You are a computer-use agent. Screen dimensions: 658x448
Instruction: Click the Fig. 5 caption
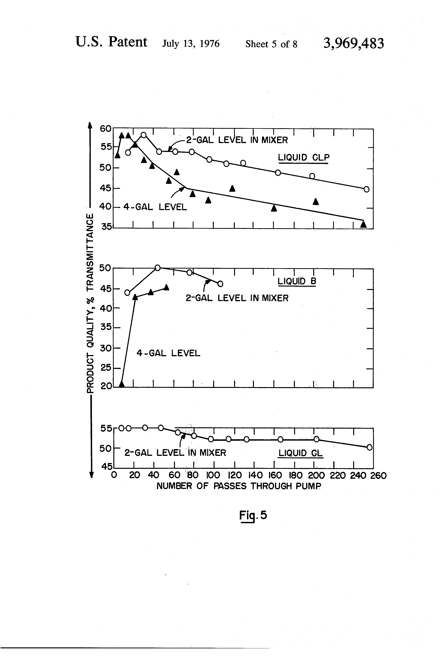253,515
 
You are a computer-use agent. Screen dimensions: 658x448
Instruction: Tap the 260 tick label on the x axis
378,475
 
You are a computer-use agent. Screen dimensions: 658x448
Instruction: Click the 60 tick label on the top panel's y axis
105,129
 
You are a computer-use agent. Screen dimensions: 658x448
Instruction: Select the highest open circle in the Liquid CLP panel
144,135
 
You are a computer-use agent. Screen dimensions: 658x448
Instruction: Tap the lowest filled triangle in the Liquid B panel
122,384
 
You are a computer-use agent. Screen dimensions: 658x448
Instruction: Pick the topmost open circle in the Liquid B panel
158,268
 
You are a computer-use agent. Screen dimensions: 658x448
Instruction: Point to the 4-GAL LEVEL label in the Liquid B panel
168,353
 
